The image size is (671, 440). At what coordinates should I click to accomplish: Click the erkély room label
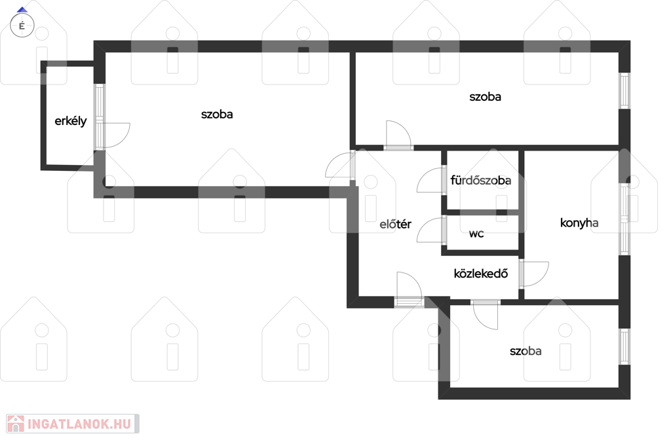click(71, 121)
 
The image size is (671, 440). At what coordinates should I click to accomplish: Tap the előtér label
click(395, 224)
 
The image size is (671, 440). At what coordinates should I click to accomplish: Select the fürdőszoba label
click(480, 181)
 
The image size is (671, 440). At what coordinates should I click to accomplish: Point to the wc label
click(476, 234)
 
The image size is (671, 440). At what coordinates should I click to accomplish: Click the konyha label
click(579, 223)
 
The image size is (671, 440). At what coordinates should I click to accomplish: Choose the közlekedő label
click(480, 273)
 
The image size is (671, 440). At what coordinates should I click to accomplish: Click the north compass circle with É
click(22, 26)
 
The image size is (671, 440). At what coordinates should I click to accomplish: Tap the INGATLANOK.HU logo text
click(79, 424)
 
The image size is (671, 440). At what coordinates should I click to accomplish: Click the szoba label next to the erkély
click(217, 114)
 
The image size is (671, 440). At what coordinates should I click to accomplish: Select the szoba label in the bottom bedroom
click(526, 351)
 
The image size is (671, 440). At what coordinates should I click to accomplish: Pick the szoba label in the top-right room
click(486, 97)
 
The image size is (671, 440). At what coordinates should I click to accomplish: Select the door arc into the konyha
click(543, 279)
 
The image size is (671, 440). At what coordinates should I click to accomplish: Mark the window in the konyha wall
click(624, 219)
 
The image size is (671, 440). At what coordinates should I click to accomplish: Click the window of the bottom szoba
click(624, 346)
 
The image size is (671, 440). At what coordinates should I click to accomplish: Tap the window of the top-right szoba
click(624, 90)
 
